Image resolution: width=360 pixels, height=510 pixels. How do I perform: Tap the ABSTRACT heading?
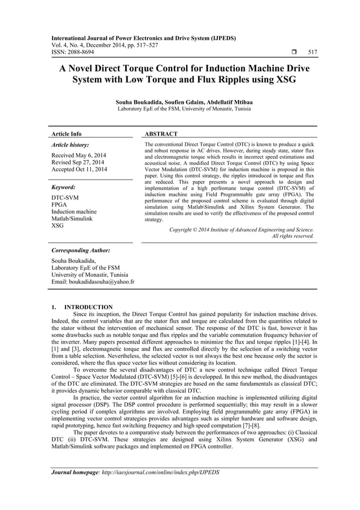coord(161,134)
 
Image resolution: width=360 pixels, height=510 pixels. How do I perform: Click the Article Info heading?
coord(67,134)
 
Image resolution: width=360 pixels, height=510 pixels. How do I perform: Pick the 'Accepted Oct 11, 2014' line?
coord(83,169)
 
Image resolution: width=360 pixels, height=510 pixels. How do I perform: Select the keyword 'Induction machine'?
coord(74,211)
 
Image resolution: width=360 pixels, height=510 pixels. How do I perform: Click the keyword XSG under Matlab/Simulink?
coord(58,226)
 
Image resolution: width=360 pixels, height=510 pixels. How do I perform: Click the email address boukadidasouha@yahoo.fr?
coord(103,281)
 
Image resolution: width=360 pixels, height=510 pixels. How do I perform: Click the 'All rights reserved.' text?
coord(293,236)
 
